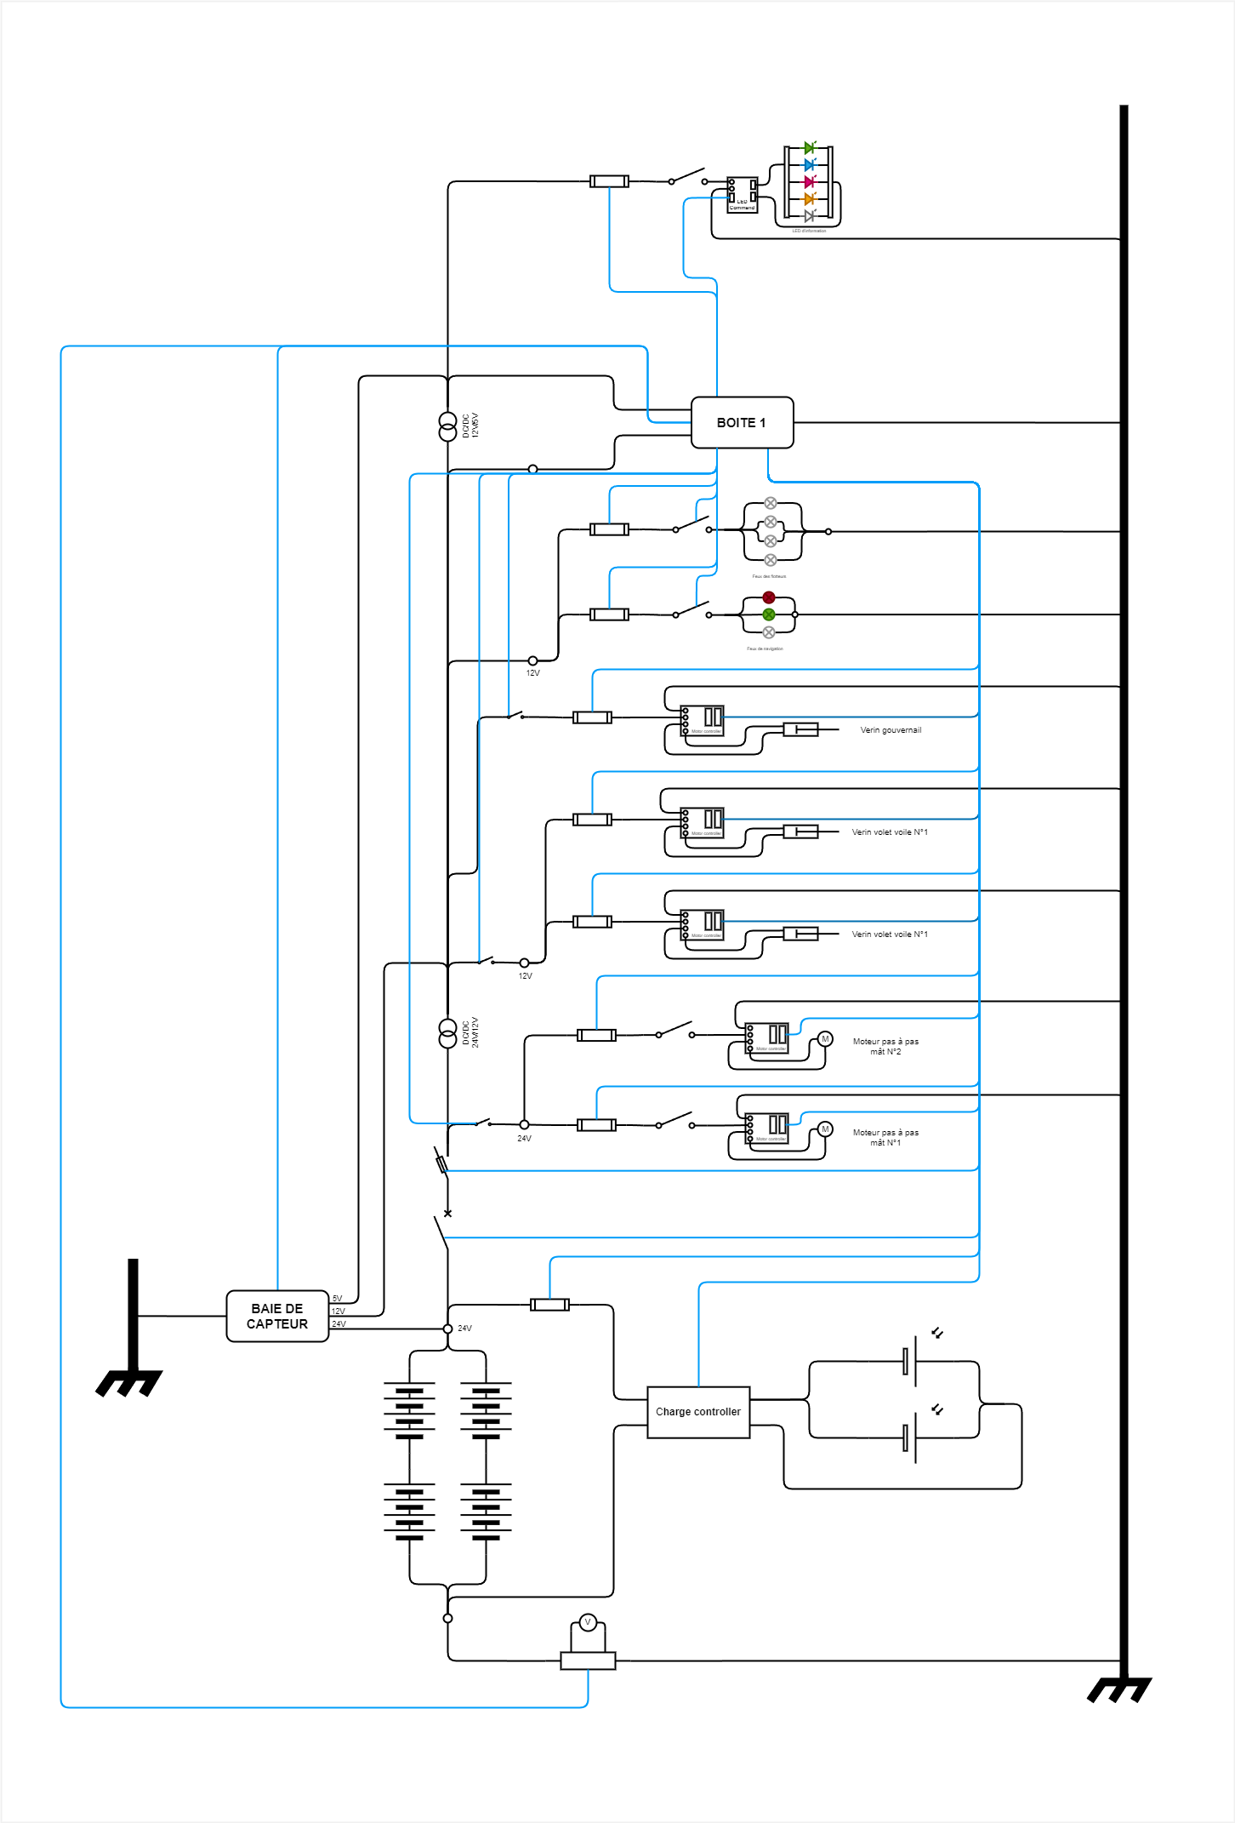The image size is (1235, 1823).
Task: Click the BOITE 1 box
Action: [742, 422]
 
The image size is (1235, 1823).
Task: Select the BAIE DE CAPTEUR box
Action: [277, 1316]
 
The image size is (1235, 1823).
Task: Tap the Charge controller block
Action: [698, 1412]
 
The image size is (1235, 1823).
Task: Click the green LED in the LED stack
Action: [810, 148]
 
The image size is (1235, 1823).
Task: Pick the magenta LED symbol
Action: [810, 182]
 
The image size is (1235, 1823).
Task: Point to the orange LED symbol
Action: [810, 199]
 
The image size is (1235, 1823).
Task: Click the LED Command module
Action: [742, 195]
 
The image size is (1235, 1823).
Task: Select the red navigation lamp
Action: [769, 597]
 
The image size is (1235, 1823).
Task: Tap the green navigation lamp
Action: [769, 614]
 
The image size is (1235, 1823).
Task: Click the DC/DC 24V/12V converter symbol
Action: [447, 1033]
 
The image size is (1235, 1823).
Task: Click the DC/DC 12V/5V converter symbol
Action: [447, 426]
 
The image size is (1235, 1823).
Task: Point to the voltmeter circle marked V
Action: [588, 1622]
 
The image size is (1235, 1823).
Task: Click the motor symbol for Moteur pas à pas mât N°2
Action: [824, 1039]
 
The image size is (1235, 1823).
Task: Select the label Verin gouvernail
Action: [891, 730]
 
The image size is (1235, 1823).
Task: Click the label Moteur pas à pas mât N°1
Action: [885, 1138]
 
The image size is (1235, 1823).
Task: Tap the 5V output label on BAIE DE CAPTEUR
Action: [338, 1299]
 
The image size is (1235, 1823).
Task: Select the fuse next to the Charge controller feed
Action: [549, 1305]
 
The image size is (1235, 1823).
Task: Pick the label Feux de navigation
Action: [765, 649]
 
